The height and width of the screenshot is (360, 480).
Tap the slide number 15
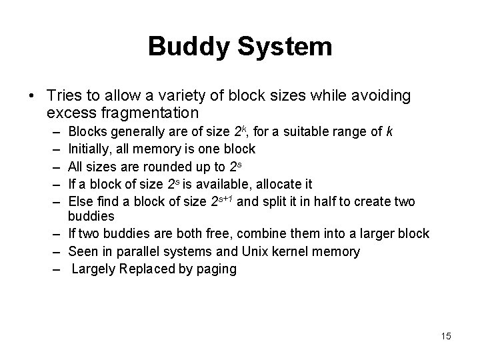pyautogui.click(x=446, y=336)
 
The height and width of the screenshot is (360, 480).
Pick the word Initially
pyautogui.click(x=90, y=148)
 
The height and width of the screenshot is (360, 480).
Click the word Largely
pyautogui.click(x=92, y=269)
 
